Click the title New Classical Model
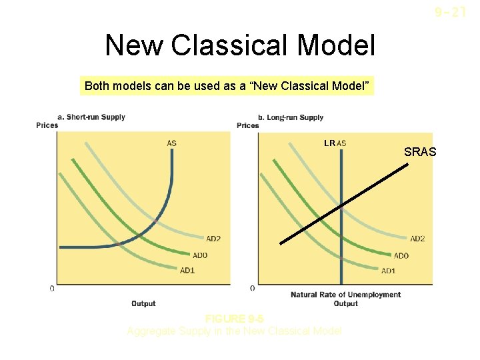point(240,46)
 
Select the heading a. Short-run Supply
point(91,117)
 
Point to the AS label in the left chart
point(172,142)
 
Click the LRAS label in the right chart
point(335,143)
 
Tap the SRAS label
point(420,152)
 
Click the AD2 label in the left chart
point(213,238)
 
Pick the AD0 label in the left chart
point(199,255)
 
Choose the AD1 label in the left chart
point(187,270)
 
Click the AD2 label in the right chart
point(417,238)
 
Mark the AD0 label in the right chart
point(401,255)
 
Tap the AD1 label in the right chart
point(389,271)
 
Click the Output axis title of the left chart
point(143,303)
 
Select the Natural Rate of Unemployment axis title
point(345,295)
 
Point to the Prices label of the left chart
point(47,125)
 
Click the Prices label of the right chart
point(248,125)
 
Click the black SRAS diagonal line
point(344,203)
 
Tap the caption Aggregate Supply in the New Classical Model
point(234,331)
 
